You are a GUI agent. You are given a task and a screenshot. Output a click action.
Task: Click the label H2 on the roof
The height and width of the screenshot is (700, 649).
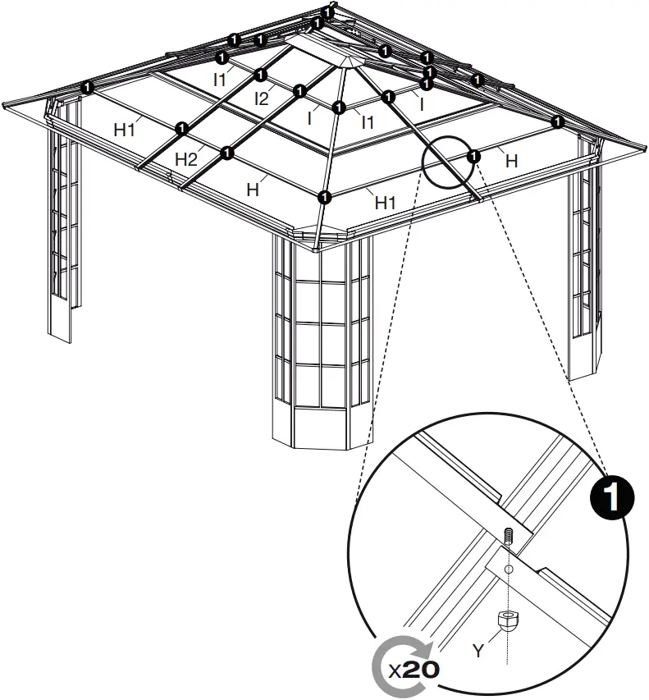tap(185, 158)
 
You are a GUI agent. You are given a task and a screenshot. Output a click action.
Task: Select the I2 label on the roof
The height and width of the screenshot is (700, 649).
tap(262, 99)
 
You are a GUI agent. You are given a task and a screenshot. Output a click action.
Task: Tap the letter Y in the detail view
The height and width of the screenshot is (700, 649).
tap(478, 651)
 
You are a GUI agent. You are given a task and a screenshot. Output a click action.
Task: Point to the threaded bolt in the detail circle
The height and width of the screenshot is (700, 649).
tap(508, 537)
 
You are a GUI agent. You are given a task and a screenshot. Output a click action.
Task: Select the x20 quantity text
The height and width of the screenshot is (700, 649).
tap(414, 669)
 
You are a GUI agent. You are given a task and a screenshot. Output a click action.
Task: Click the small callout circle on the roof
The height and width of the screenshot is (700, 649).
tap(447, 162)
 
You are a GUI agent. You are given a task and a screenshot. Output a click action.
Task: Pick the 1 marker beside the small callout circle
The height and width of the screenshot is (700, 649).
tap(473, 155)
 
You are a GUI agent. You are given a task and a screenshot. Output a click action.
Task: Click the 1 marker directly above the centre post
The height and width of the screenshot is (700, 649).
tap(325, 196)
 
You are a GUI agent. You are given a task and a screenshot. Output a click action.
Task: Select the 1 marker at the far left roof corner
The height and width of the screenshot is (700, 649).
tap(87, 85)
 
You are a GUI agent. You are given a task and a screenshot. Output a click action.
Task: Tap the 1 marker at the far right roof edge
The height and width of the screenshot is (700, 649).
tap(558, 122)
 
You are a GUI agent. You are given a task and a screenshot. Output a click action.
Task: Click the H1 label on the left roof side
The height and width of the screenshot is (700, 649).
tap(125, 128)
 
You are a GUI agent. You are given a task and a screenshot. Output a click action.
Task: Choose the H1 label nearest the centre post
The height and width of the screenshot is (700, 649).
tap(386, 202)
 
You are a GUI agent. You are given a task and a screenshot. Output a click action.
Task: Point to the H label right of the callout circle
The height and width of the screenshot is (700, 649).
tap(512, 162)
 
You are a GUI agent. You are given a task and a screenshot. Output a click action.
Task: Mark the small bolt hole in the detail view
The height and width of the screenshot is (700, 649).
tap(508, 568)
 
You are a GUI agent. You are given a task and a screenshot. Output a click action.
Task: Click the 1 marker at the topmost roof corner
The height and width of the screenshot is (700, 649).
tap(327, 12)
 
